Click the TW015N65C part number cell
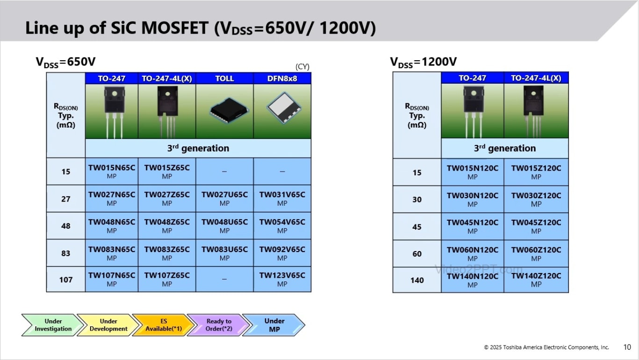(111, 171)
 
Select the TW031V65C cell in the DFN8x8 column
(282, 198)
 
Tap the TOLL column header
(224, 79)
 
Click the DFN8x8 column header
(282, 79)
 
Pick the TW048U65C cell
(224, 225)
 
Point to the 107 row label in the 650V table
(66, 280)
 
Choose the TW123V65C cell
(282, 279)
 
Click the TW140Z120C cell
(536, 280)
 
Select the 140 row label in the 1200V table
(417, 280)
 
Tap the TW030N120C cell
(472, 199)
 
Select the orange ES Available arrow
(162, 325)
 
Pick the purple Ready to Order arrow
(217, 325)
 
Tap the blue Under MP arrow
(274, 325)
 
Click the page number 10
(627, 347)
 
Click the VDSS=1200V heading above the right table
(424, 62)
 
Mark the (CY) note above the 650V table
(302, 67)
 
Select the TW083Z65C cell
(167, 252)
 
